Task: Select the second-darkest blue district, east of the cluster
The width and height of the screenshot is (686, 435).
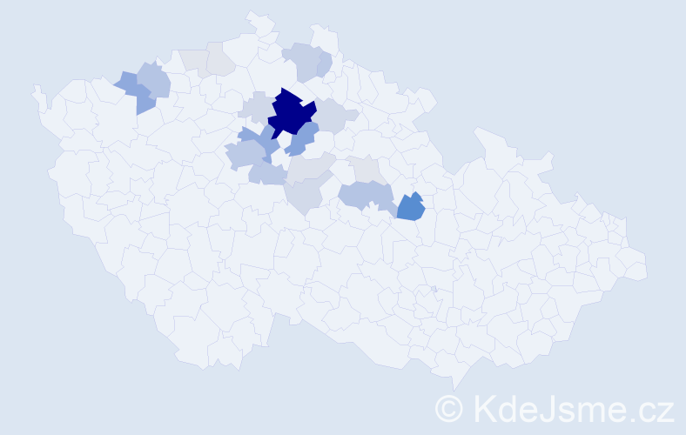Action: tap(410, 207)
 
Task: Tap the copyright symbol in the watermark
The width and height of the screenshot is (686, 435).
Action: tap(449, 407)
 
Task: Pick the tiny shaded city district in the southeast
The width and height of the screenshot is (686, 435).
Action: tap(434, 289)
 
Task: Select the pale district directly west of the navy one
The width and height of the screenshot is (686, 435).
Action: tap(255, 107)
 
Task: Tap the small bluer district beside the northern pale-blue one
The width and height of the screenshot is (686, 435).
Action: tap(324, 63)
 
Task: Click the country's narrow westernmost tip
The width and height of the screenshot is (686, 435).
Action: tap(37, 90)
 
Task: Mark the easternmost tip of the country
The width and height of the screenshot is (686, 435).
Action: tap(646, 268)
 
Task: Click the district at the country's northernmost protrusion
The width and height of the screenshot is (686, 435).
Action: tap(255, 17)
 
